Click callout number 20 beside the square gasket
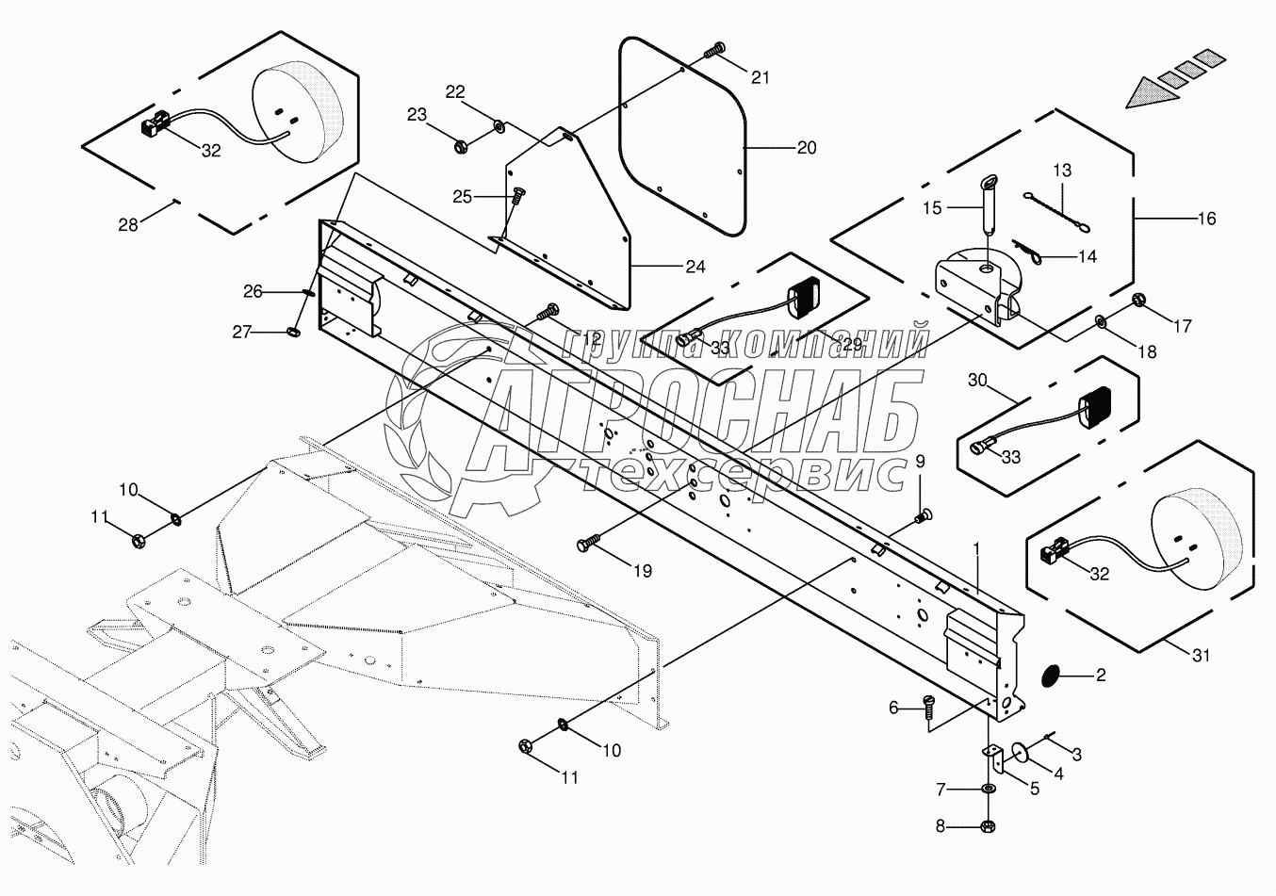pos(806,148)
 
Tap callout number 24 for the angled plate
pos(695,267)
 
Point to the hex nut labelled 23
pos(461,146)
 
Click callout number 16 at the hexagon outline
pos(1206,219)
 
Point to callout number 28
pos(128,224)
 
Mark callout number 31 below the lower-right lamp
pos(1200,656)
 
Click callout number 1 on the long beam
pos(977,547)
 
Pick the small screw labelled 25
pos(517,195)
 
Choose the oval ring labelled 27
pos(291,331)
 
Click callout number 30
pos(977,380)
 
